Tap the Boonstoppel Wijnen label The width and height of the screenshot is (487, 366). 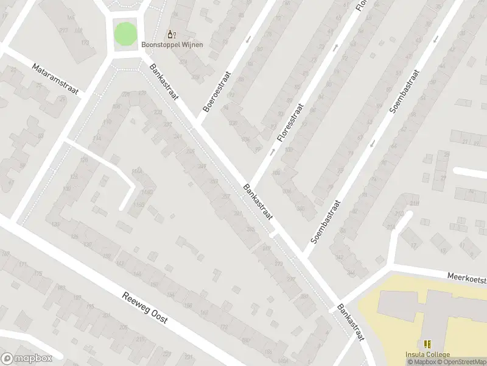(x=172, y=45)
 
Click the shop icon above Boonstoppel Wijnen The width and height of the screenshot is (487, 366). (x=172, y=34)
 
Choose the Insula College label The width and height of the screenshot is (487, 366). (x=427, y=355)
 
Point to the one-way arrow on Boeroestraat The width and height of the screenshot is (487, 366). (x=248, y=40)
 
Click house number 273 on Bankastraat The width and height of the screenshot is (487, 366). (x=279, y=264)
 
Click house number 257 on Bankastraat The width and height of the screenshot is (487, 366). (x=226, y=196)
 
